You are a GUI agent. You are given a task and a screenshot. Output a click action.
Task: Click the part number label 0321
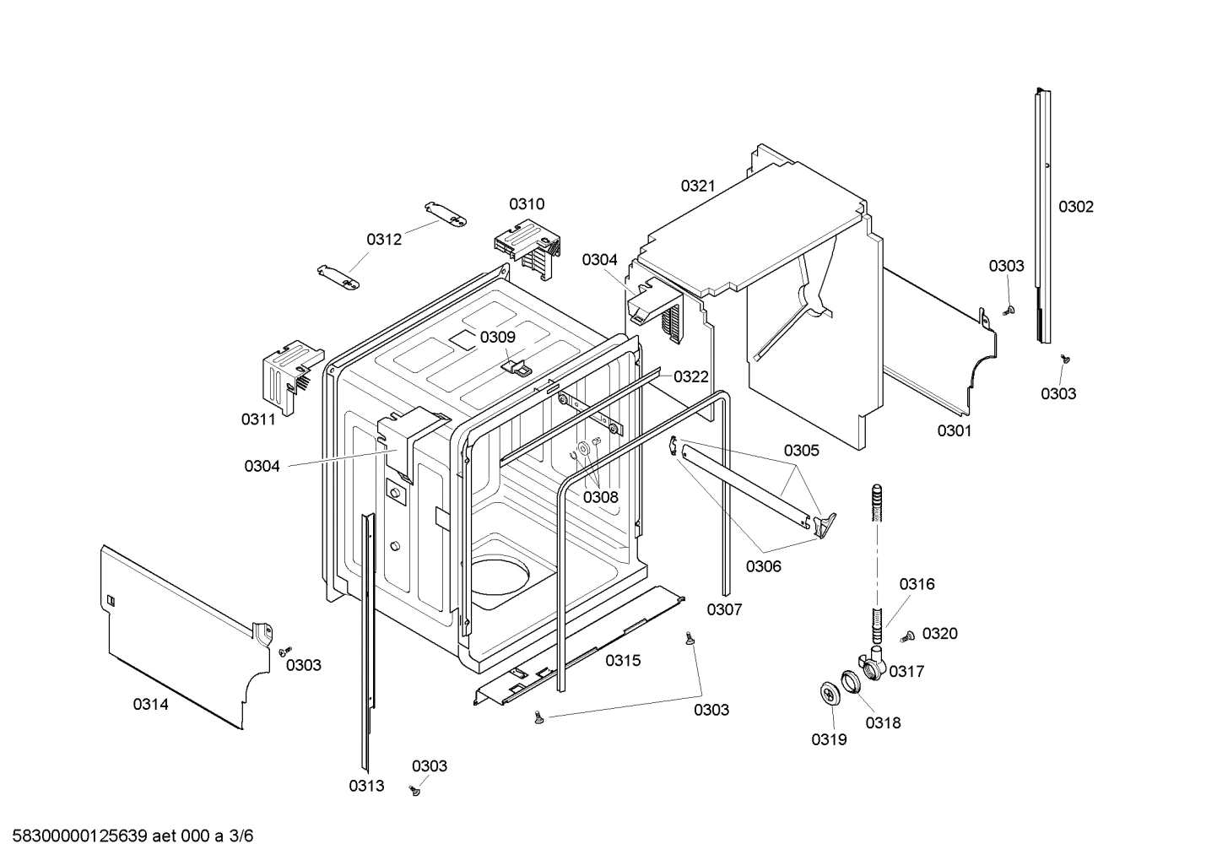point(698,186)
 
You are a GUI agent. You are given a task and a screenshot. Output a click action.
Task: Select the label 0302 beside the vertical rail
point(1075,207)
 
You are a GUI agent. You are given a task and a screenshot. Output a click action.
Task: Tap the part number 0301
point(954,430)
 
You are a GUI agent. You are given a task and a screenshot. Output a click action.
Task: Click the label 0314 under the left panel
point(150,704)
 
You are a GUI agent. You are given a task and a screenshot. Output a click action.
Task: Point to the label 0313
point(366,786)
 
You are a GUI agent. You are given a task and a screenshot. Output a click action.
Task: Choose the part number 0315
point(623,660)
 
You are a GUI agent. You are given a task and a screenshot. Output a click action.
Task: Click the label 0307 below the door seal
point(724,609)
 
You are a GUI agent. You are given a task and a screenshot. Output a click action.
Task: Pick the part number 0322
point(690,376)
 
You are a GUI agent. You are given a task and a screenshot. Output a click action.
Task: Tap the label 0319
point(829,739)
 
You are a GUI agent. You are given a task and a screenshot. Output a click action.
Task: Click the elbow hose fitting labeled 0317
point(872,663)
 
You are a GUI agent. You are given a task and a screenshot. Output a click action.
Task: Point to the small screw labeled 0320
point(908,636)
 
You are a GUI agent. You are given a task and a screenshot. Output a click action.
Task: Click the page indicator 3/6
point(241,836)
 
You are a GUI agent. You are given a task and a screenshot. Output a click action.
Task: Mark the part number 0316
point(917,584)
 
